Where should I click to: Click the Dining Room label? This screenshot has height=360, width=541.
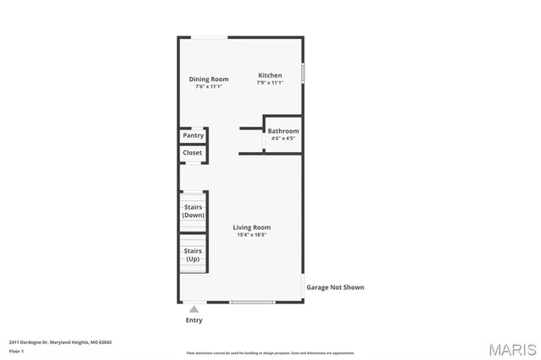[x=208, y=79]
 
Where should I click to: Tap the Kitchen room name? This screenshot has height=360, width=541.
[x=270, y=75]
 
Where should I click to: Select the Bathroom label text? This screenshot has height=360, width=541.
[x=283, y=131]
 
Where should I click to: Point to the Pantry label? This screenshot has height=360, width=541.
[x=194, y=135]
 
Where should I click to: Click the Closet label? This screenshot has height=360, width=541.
[x=193, y=153]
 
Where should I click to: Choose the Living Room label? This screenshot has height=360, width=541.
[x=252, y=227]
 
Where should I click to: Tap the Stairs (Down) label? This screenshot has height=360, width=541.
[x=194, y=210]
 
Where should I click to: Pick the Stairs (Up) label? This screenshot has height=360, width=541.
[x=194, y=254]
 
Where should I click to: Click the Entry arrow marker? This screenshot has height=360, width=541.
[x=194, y=309]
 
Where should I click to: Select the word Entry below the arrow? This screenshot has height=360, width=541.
[x=194, y=320]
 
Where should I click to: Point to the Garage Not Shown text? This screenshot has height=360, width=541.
[x=335, y=287]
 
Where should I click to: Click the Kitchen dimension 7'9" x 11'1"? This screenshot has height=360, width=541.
[x=270, y=83]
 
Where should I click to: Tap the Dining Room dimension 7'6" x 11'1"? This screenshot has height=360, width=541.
[x=208, y=86]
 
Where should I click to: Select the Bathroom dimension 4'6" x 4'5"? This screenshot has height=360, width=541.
[x=283, y=139]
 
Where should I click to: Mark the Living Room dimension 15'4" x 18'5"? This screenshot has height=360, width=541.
[x=252, y=235]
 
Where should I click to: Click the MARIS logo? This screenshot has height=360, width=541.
[x=512, y=349]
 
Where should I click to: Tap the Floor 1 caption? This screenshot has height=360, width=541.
[x=16, y=351]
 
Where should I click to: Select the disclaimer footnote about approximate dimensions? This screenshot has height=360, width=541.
[x=270, y=353]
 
